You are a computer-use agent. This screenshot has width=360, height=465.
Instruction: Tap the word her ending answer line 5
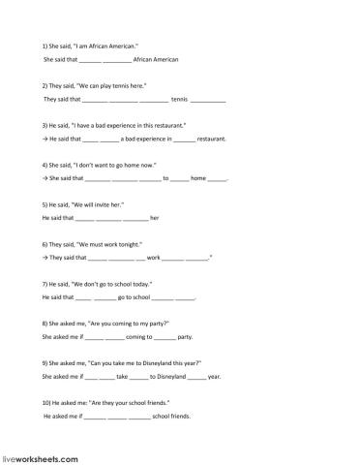coord(155,218)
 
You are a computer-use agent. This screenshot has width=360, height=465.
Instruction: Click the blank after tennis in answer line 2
coord(209,99)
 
